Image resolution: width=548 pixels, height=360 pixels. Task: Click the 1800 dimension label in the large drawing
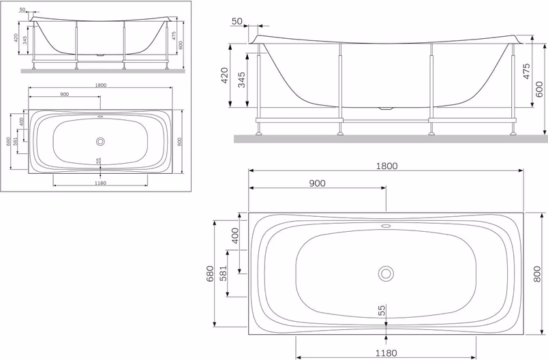tap(386, 166)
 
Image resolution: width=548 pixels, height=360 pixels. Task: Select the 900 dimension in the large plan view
tap(318, 183)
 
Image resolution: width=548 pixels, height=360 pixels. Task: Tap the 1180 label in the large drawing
tap(386, 353)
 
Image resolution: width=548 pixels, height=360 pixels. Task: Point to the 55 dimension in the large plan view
tap(382, 310)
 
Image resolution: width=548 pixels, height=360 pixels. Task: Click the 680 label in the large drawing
tap(210, 273)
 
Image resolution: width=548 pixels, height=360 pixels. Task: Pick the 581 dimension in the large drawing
tap(223, 273)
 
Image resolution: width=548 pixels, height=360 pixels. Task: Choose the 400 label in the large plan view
tap(235, 236)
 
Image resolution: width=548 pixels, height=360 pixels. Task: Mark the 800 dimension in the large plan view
tap(537, 274)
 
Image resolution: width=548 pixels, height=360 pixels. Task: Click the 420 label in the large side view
tap(225, 76)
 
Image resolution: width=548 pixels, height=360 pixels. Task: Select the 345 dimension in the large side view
tap(241, 80)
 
